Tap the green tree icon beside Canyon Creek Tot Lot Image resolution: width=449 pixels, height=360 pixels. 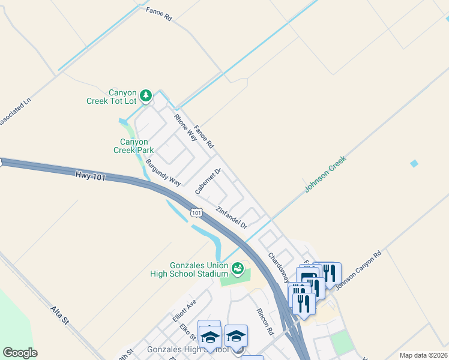pyautogui.click(x=145, y=95)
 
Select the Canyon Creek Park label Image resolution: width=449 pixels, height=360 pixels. pyautogui.click(x=133, y=146)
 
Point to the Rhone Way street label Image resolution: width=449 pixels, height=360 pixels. pyautogui.click(x=185, y=127)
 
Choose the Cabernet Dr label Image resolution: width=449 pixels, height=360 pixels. pyautogui.click(x=208, y=181)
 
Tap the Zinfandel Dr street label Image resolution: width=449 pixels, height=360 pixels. pyautogui.click(x=232, y=218)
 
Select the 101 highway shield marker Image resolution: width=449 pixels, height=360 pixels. pyautogui.click(x=196, y=212)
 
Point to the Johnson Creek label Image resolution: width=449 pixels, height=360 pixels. pyautogui.click(x=326, y=174)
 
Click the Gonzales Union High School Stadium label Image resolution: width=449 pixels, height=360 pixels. pyautogui.click(x=190, y=270)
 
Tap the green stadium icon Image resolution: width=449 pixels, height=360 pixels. pyautogui.click(x=238, y=268)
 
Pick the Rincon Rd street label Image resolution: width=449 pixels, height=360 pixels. pyautogui.click(x=265, y=322)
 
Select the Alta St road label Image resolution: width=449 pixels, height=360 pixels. pyautogui.click(x=61, y=316)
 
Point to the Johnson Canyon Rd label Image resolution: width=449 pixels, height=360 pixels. pyautogui.click(x=358, y=270)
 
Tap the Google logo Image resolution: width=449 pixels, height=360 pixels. pyautogui.click(x=20, y=353)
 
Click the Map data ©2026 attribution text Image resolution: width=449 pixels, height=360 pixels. pyautogui.click(x=423, y=355)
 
